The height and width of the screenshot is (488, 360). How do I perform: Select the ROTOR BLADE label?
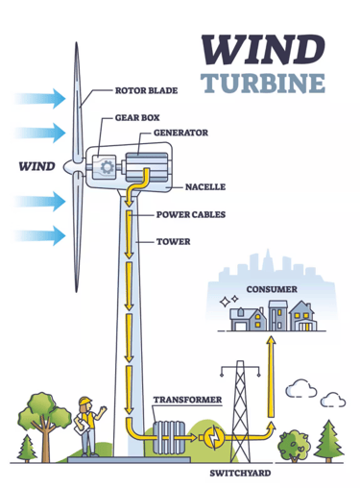point(146,92)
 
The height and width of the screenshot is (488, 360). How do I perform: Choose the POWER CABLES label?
point(190,214)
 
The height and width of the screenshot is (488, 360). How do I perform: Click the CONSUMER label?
point(270,288)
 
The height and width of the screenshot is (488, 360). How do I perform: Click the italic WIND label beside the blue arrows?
point(36,165)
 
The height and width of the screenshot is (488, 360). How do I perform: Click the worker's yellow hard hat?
point(84,401)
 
